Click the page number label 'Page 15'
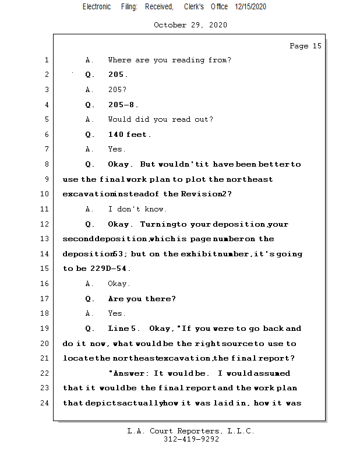[305, 46]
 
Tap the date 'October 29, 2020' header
[190, 25]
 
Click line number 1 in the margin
[46, 60]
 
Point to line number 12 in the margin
[44, 224]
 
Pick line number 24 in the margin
[44, 403]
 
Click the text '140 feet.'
[129, 135]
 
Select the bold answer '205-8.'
[123, 105]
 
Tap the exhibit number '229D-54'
[110, 269]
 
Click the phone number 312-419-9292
[191, 439]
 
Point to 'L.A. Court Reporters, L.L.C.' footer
[191, 431]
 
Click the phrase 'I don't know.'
[137, 209]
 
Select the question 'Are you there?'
[142, 299]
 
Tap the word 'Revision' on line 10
[200, 194]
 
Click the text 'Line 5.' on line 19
[123, 329]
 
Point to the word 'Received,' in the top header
[159, 6]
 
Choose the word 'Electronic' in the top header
[96, 6]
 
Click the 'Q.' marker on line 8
[90, 164]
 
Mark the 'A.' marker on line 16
[90, 284]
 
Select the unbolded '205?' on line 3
[117, 90]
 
